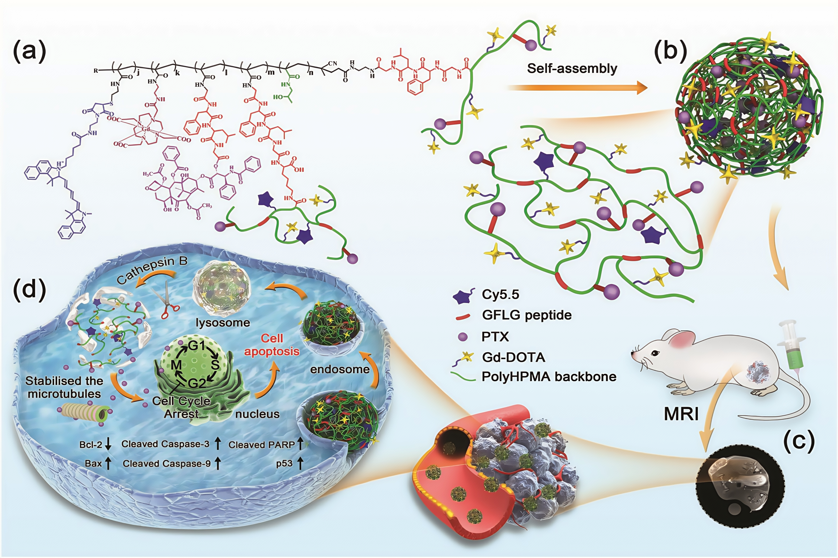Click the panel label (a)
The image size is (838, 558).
[x=29, y=51]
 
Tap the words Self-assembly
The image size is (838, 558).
[x=572, y=68]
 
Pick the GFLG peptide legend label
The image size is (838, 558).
[x=526, y=315]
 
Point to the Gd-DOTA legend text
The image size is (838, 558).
[x=513, y=357]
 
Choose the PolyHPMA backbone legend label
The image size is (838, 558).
[x=549, y=377]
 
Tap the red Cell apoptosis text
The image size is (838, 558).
[x=272, y=344]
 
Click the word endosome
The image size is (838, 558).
[x=340, y=370]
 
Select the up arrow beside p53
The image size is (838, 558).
[x=300, y=463]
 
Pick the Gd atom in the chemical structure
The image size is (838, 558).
[x=146, y=129]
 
